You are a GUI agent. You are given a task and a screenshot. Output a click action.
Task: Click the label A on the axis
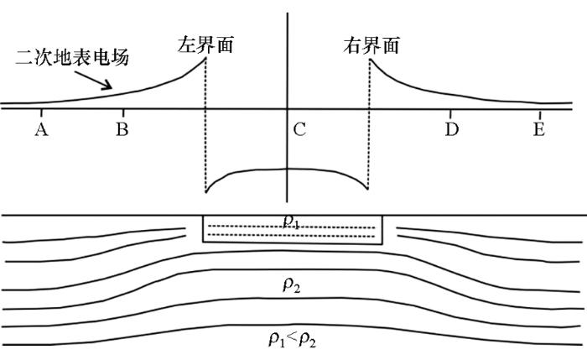click(42, 129)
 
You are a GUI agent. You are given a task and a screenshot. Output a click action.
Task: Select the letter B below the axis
click(122, 129)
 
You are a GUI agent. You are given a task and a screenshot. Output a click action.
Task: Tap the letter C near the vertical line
click(299, 129)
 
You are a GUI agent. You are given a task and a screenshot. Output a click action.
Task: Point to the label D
click(452, 129)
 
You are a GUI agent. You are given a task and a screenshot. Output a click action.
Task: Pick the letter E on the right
click(539, 129)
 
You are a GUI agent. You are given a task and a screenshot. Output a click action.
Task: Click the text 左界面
click(205, 44)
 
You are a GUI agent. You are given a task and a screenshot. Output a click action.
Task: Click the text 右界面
click(371, 45)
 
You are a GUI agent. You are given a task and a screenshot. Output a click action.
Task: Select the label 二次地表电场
click(72, 58)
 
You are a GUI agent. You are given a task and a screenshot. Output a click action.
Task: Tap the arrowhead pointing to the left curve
click(107, 86)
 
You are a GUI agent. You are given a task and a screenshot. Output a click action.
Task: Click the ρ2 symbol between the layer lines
click(292, 285)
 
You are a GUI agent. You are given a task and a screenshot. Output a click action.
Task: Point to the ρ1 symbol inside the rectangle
click(292, 222)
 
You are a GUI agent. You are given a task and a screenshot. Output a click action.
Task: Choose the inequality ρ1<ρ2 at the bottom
click(293, 340)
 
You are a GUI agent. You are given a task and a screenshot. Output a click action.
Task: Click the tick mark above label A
click(42, 112)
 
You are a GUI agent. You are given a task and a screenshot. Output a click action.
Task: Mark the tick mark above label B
click(123, 112)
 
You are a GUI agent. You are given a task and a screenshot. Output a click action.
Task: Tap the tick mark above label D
click(451, 113)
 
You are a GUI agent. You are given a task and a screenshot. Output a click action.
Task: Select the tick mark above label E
click(540, 114)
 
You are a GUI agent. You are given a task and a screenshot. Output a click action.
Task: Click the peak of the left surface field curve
click(205, 58)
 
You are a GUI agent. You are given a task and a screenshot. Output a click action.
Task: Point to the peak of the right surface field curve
click(370, 60)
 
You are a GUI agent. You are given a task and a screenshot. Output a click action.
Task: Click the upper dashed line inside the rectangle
click(292, 227)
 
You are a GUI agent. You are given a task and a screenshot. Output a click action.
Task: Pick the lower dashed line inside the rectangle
click(292, 236)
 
